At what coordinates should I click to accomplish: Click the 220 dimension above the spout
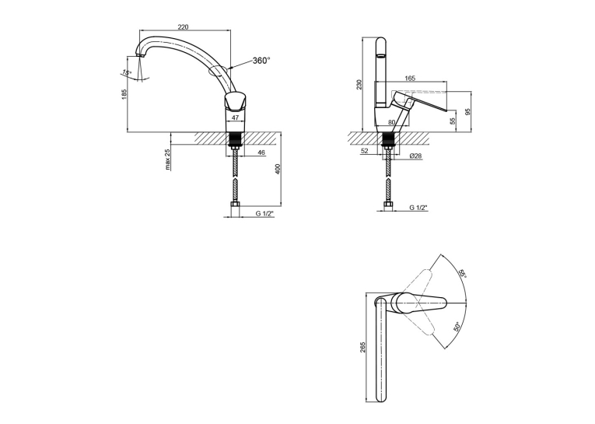coord(183,27)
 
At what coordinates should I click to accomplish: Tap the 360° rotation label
coord(261,61)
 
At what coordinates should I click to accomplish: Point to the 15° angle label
coord(127,72)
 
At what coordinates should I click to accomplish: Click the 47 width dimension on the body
coord(235,117)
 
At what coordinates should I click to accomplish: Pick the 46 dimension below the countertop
coord(261,152)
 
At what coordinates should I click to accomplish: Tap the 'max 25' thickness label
coord(168,159)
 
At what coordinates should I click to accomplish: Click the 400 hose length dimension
coord(278,169)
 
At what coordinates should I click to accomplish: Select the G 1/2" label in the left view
coord(264,214)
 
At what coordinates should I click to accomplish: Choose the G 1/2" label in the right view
coord(418,208)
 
